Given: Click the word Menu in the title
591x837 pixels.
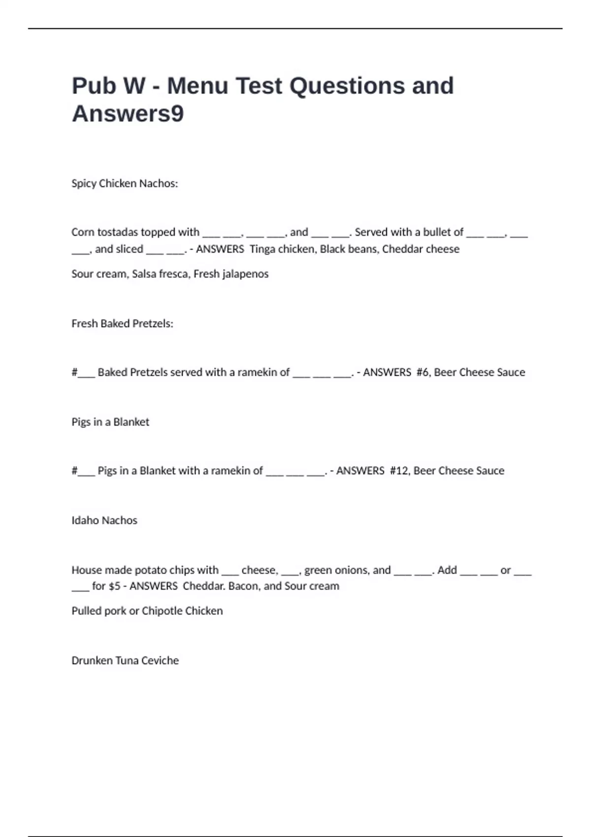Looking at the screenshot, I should point(197,86).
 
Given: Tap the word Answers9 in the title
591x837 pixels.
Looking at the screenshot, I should point(128,114).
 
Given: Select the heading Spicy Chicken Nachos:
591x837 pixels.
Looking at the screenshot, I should point(125,184).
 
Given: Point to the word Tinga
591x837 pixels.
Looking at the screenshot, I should point(262,249).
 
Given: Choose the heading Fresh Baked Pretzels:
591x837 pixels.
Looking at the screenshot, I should point(122,323).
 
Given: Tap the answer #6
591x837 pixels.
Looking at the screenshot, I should point(423,372).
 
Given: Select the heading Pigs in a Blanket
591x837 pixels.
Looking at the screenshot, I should point(110,422).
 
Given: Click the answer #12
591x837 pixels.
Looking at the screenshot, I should point(399,471).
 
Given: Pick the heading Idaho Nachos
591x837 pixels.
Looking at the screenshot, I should point(104,520).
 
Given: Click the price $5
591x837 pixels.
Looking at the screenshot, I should point(114,586).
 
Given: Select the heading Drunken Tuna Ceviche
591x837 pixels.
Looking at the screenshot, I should point(125,661).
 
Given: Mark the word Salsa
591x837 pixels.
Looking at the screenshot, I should point(144,274).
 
